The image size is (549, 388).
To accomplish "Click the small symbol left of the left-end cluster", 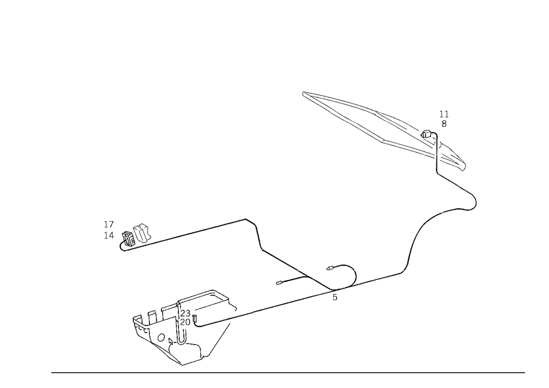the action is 108,228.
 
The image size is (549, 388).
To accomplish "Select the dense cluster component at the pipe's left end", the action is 133,237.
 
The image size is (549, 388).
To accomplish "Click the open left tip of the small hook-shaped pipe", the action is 328,269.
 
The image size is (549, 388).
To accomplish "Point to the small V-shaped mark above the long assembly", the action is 444,119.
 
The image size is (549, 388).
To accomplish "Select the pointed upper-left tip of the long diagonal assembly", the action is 305,94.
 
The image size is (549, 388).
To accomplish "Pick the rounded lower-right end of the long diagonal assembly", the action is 461,164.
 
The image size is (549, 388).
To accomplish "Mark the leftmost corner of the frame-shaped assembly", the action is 133,319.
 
